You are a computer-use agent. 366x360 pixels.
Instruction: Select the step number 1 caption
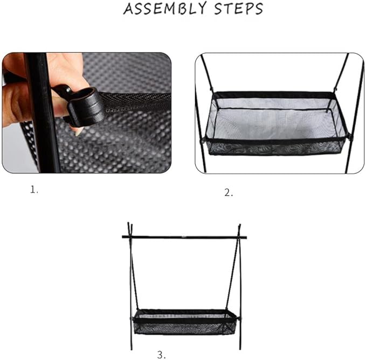[x=34, y=190]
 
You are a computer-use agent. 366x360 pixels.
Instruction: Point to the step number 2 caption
[x=229, y=193]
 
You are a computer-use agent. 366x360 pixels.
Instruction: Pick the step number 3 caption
[x=161, y=354]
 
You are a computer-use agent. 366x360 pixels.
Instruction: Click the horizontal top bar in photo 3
[x=184, y=236]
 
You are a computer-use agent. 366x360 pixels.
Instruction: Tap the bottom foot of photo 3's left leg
[x=130, y=347]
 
